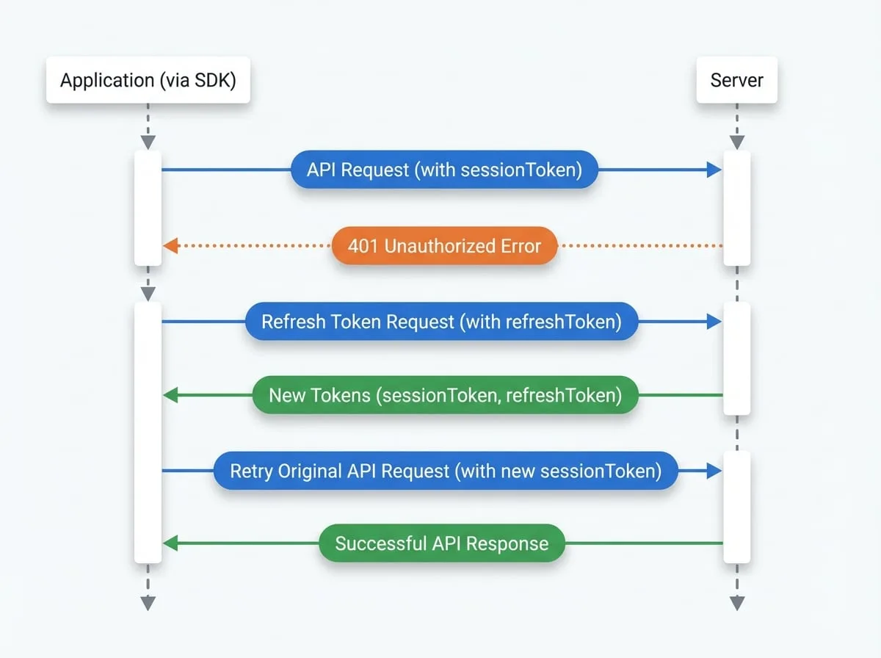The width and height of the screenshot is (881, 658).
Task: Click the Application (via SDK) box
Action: tap(148, 80)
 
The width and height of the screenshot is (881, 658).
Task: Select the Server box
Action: tap(737, 80)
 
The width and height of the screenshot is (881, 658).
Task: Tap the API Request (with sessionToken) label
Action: tap(444, 170)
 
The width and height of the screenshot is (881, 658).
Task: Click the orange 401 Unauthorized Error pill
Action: tap(444, 246)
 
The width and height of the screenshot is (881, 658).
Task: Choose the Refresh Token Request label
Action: tap(441, 322)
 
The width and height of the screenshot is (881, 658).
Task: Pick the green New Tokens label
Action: tap(445, 395)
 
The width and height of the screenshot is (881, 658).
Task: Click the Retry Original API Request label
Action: tap(446, 471)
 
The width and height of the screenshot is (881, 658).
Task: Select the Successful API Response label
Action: tap(442, 543)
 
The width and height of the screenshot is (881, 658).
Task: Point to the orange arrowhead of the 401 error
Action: tap(171, 246)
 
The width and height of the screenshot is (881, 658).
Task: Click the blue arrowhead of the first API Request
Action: tap(714, 170)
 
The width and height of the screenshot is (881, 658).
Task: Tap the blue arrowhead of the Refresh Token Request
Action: tap(714, 322)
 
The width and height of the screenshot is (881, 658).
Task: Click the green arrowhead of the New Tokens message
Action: tap(171, 395)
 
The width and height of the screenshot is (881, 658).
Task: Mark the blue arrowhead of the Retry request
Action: tap(714, 471)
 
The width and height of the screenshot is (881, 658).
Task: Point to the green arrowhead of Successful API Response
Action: tap(171, 543)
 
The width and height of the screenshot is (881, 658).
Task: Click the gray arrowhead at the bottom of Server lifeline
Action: tap(737, 604)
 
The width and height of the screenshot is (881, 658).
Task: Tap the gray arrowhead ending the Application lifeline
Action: tap(148, 604)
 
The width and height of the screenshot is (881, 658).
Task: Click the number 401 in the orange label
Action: tap(363, 246)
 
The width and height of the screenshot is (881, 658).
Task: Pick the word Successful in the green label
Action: tap(380, 543)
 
